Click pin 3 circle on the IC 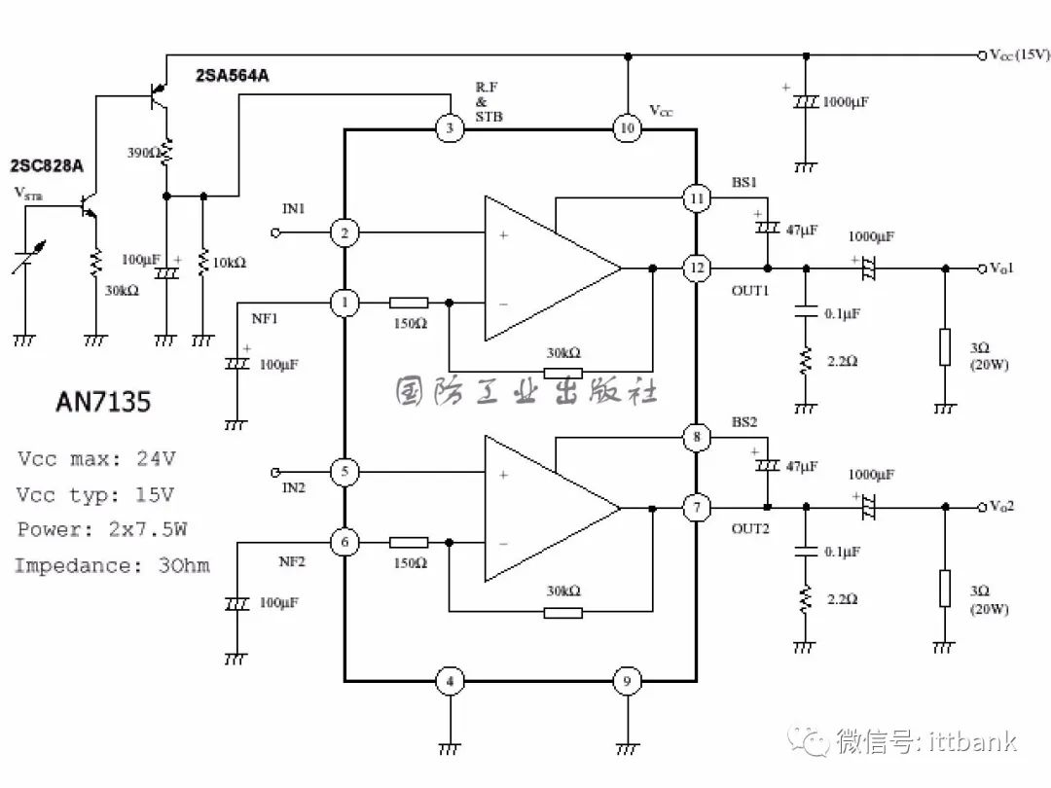pyautogui.click(x=450, y=128)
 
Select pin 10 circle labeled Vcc pyautogui.click(x=628, y=128)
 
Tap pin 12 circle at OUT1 pyautogui.click(x=697, y=269)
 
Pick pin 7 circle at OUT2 pyautogui.click(x=697, y=507)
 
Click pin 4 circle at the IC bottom pyautogui.click(x=450, y=681)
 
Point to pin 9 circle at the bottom pyautogui.click(x=628, y=681)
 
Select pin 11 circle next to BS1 pyautogui.click(x=697, y=198)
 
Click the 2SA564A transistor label pyautogui.click(x=232, y=76)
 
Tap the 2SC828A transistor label pyautogui.click(x=47, y=165)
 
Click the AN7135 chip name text pyautogui.click(x=103, y=402)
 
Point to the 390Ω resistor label pyautogui.click(x=143, y=153)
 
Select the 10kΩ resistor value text pyautogui.click(x=230, y=263)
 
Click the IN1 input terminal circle pyautogui.click(x=274, y=233)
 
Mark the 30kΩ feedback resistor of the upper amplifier pyautogui.click(x=563, y=372)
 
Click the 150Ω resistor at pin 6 pyautogui.click(x=409, y=542)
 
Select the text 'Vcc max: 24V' pyautogui.click(x=96, y=459)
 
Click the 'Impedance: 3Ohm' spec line pyautogui.click(x=113, y=565)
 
